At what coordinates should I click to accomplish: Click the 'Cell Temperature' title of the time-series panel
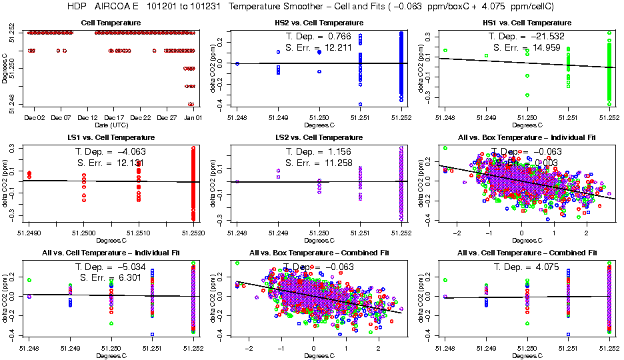pos(111,23)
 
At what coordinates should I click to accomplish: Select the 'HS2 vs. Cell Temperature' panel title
pos(318,23)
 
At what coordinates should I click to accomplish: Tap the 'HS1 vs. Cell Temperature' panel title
pos(526,23)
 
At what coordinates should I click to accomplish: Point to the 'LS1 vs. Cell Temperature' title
pos(111,138)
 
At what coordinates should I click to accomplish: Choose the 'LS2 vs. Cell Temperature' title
pos(318,138)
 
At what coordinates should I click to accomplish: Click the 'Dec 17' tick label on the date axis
pos(115,117)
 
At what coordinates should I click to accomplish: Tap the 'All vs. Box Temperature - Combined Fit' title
pos(318,253)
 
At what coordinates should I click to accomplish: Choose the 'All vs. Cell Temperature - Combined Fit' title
pos(526,253)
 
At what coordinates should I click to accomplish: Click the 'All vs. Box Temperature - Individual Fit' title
pos(526,138)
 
